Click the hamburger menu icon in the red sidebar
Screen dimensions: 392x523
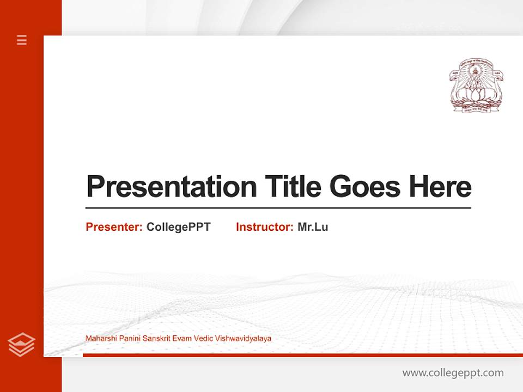point(22,40)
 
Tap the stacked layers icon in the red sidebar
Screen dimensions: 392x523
point(21,345)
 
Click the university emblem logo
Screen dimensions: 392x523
point(476,85)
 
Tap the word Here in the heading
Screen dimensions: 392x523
point(440,187)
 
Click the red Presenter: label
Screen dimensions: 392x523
point(114,227)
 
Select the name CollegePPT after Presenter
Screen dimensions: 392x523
point(178,227)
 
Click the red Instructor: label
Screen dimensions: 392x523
point(265,227)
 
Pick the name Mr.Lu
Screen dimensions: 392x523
point(313,227)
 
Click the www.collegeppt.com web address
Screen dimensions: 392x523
point(453,373)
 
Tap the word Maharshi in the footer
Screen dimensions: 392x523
point(99,339)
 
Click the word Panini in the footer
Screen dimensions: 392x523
point(126,339)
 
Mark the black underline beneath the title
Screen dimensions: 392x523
point(278,207)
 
